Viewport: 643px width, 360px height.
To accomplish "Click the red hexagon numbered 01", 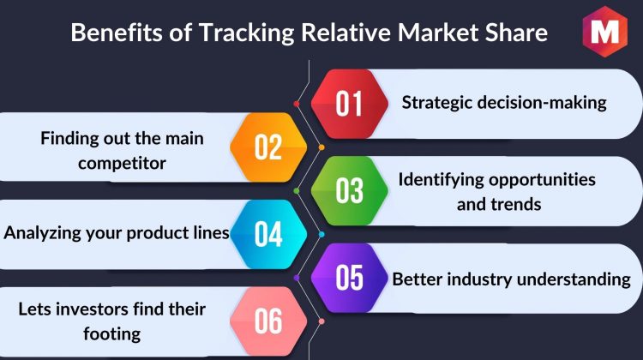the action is (x=350, y=104).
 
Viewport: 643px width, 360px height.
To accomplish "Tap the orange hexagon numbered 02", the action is (x=268, y=147).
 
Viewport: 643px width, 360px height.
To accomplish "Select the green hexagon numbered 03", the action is (x=350, y=190).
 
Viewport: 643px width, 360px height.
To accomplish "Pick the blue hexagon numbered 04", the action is (x=268, y=234).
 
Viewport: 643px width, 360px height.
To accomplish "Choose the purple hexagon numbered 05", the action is (x=350, y=278).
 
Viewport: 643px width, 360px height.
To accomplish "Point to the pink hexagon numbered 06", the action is (x=268, y=321).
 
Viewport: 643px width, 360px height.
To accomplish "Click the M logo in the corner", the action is (x=605, y=31).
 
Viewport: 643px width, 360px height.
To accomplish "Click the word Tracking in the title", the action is (x=247, y=33).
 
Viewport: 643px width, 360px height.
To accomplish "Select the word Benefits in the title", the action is (x=117, y=32).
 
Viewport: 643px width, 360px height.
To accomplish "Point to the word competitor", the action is (x=123, y=164).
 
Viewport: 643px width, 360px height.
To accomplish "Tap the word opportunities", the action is (x=542, y=180).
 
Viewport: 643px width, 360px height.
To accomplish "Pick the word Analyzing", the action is (x=43, y=233).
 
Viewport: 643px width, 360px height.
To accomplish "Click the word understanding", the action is (x=574, y=279).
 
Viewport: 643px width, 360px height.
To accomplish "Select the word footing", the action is (x=112, y=334).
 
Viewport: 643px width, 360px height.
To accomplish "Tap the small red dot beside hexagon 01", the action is (x=297, y=104).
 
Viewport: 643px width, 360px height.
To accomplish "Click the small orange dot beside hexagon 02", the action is (x=321, y=147).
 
